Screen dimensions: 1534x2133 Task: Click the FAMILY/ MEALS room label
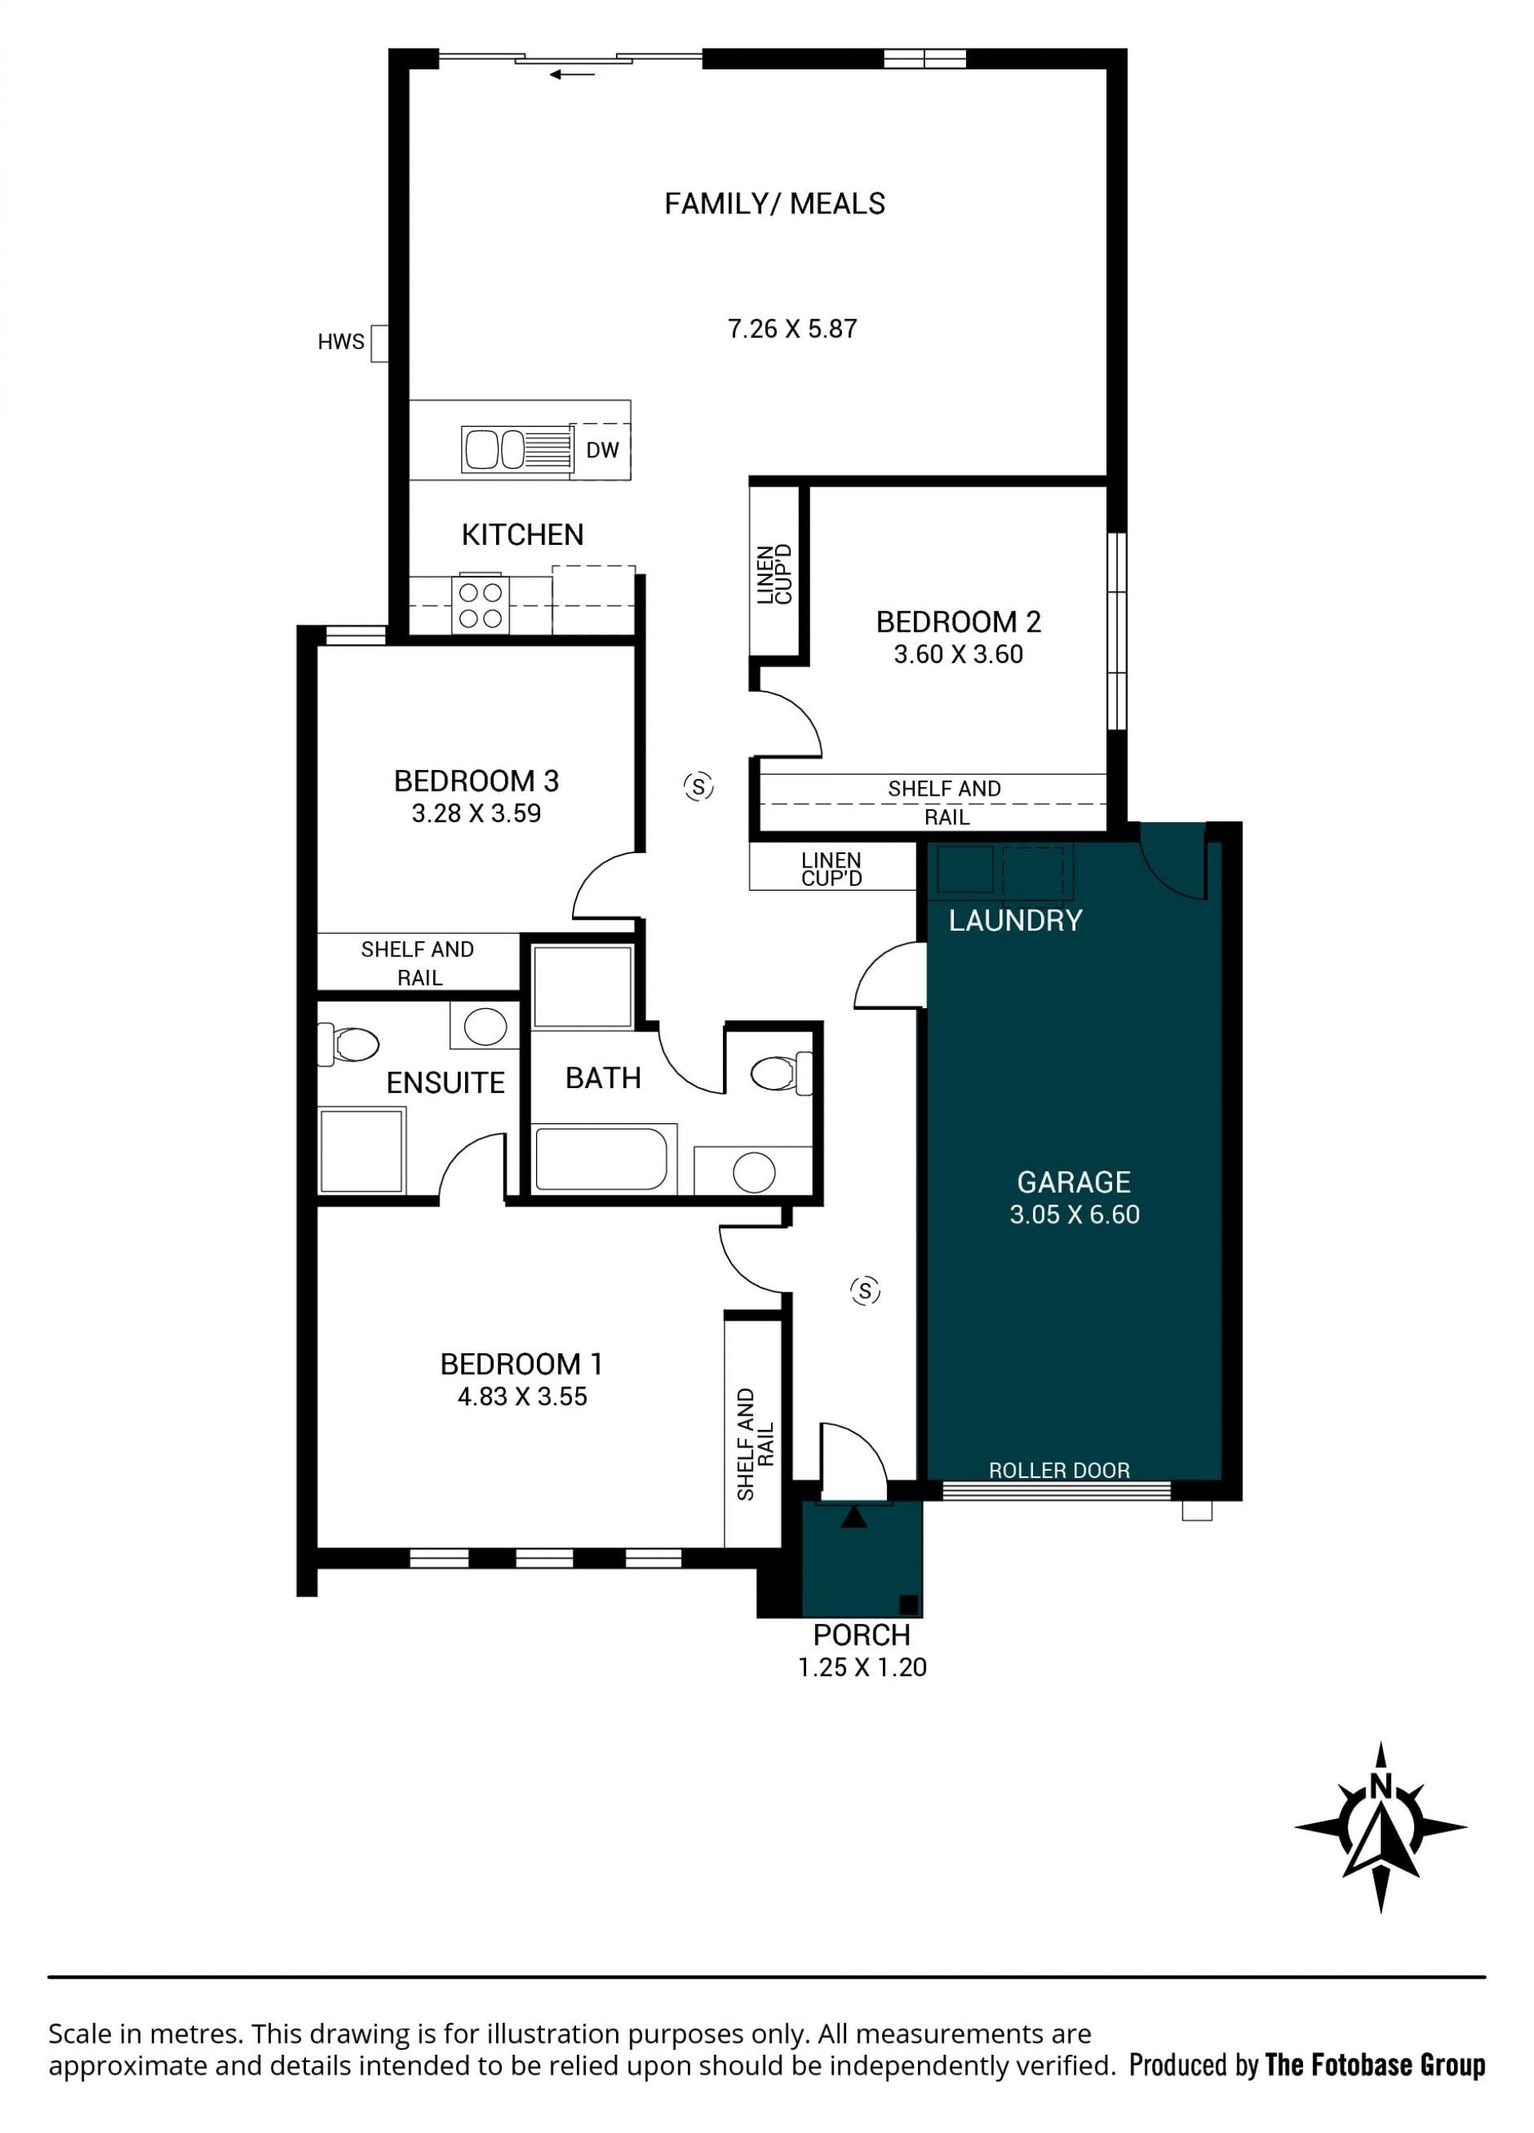pos(774,204)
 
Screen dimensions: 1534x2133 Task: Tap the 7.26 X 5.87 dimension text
pos(792,329)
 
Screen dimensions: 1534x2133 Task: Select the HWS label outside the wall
pos(340,343)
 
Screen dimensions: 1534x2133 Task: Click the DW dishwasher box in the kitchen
pos(601,451)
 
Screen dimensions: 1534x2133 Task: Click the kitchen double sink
pos(516,449)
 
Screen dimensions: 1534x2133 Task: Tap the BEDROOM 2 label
pos(959,622)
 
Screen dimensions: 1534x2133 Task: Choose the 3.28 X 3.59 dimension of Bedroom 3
pos(476,813)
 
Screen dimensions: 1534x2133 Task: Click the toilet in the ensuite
pos(348,1044)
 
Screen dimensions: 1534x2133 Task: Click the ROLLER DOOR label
pos(1059,1470)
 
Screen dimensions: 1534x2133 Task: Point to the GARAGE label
pos(1074,1182)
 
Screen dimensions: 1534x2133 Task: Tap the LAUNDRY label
pos(1015,921)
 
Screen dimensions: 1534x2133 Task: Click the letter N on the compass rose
pos(1380,1785)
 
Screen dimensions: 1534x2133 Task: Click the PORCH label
pos(861,1635)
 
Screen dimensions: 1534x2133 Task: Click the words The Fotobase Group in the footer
pos(1375,2065)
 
